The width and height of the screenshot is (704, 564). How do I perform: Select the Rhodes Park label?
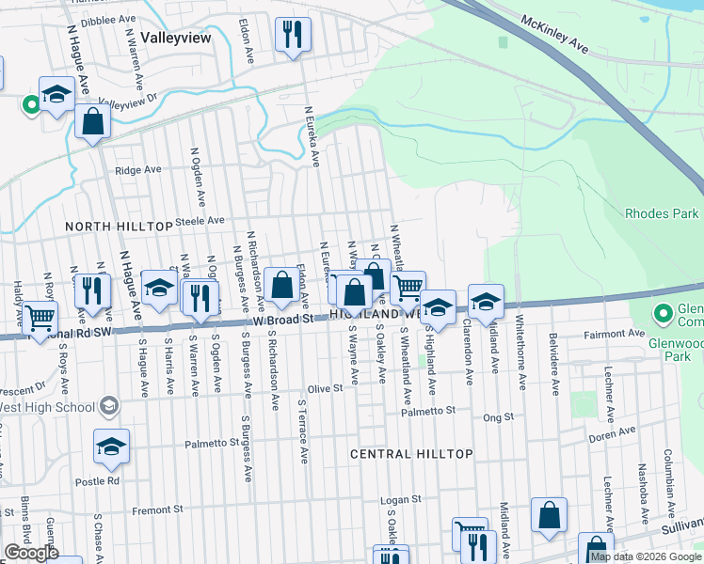(663, 213)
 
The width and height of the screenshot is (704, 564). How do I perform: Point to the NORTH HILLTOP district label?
(118, 227)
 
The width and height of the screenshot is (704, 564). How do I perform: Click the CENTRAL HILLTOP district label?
(411, 454)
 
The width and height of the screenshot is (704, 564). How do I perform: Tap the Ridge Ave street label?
(137, 170)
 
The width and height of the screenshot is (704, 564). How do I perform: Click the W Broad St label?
(282, 321)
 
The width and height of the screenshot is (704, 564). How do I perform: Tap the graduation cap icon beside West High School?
(109, 406)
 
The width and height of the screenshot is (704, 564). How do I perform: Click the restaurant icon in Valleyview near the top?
(292, 36)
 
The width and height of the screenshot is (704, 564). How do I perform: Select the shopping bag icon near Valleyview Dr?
(92, 122)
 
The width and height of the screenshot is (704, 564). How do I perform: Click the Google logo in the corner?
(31, 553)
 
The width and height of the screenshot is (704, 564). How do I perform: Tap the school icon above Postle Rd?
(111, 446)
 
